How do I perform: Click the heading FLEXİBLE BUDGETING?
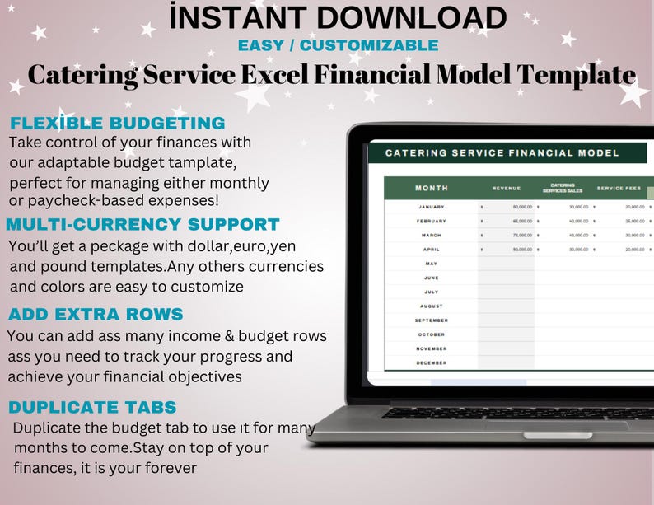coord(117,124)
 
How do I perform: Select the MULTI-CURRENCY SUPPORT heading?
coord(142,224)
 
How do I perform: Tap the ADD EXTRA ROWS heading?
coord(96,315)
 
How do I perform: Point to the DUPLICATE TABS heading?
coord(92,407)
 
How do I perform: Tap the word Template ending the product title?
coord(577,74)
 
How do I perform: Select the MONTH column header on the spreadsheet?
coord(432,189)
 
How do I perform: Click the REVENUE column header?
coord(507,189)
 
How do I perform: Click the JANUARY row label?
coord(432,207)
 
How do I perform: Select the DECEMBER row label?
coord(432,362)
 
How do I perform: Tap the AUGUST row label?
coord(432,306)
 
